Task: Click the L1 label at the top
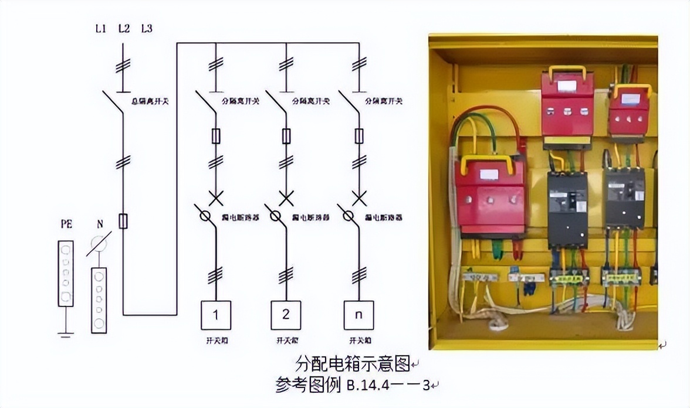tap(100, 28)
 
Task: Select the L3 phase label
tap(147, 28)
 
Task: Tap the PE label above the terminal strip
tap(66, 225)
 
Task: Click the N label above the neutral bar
tap(99, 225)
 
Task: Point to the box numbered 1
tap(215, 315)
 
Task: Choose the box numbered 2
tap(286, 315)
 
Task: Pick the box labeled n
tap(358, 315)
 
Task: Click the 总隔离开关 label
tap(149, 101)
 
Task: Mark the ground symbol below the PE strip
tap(66, 335)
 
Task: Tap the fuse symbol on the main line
tap(123, 221)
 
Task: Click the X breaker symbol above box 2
tap(286, 198)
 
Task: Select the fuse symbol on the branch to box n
tap(358, 137)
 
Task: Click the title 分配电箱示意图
tap(352, 364)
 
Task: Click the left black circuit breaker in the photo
tap(567, 208)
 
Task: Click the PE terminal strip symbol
tap(66, 273)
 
